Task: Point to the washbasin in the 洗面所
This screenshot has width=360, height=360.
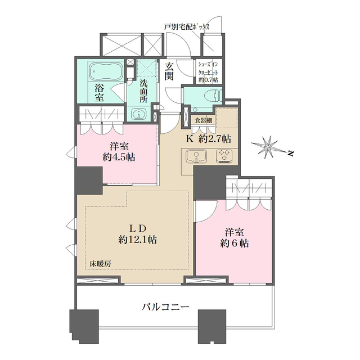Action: [x=139, y=114]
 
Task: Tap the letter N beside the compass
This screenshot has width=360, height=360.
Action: [x=291, y=154]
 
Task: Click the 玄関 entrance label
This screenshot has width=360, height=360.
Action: [x=169, y=71]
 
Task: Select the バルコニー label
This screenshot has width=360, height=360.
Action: [x=165, y=307]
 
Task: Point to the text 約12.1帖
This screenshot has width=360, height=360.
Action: [x=137, y=240]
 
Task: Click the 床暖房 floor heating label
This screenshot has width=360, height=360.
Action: [x=100, y=264]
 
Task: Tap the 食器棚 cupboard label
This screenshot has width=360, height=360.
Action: [x=204, y=120]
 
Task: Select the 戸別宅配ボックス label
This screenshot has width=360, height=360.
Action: [x=187, y=27]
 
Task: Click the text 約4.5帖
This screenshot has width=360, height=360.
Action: [x=119, y=157]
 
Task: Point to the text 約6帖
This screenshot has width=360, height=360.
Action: [x=234, y=243]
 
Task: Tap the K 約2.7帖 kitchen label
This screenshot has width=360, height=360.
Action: [x=208, y=139]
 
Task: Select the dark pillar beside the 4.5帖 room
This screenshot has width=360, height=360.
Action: [x=89, y=181]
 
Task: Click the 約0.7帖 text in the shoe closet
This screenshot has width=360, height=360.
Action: [x=208, y=80]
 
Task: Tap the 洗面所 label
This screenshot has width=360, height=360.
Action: [x=144, y=91]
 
